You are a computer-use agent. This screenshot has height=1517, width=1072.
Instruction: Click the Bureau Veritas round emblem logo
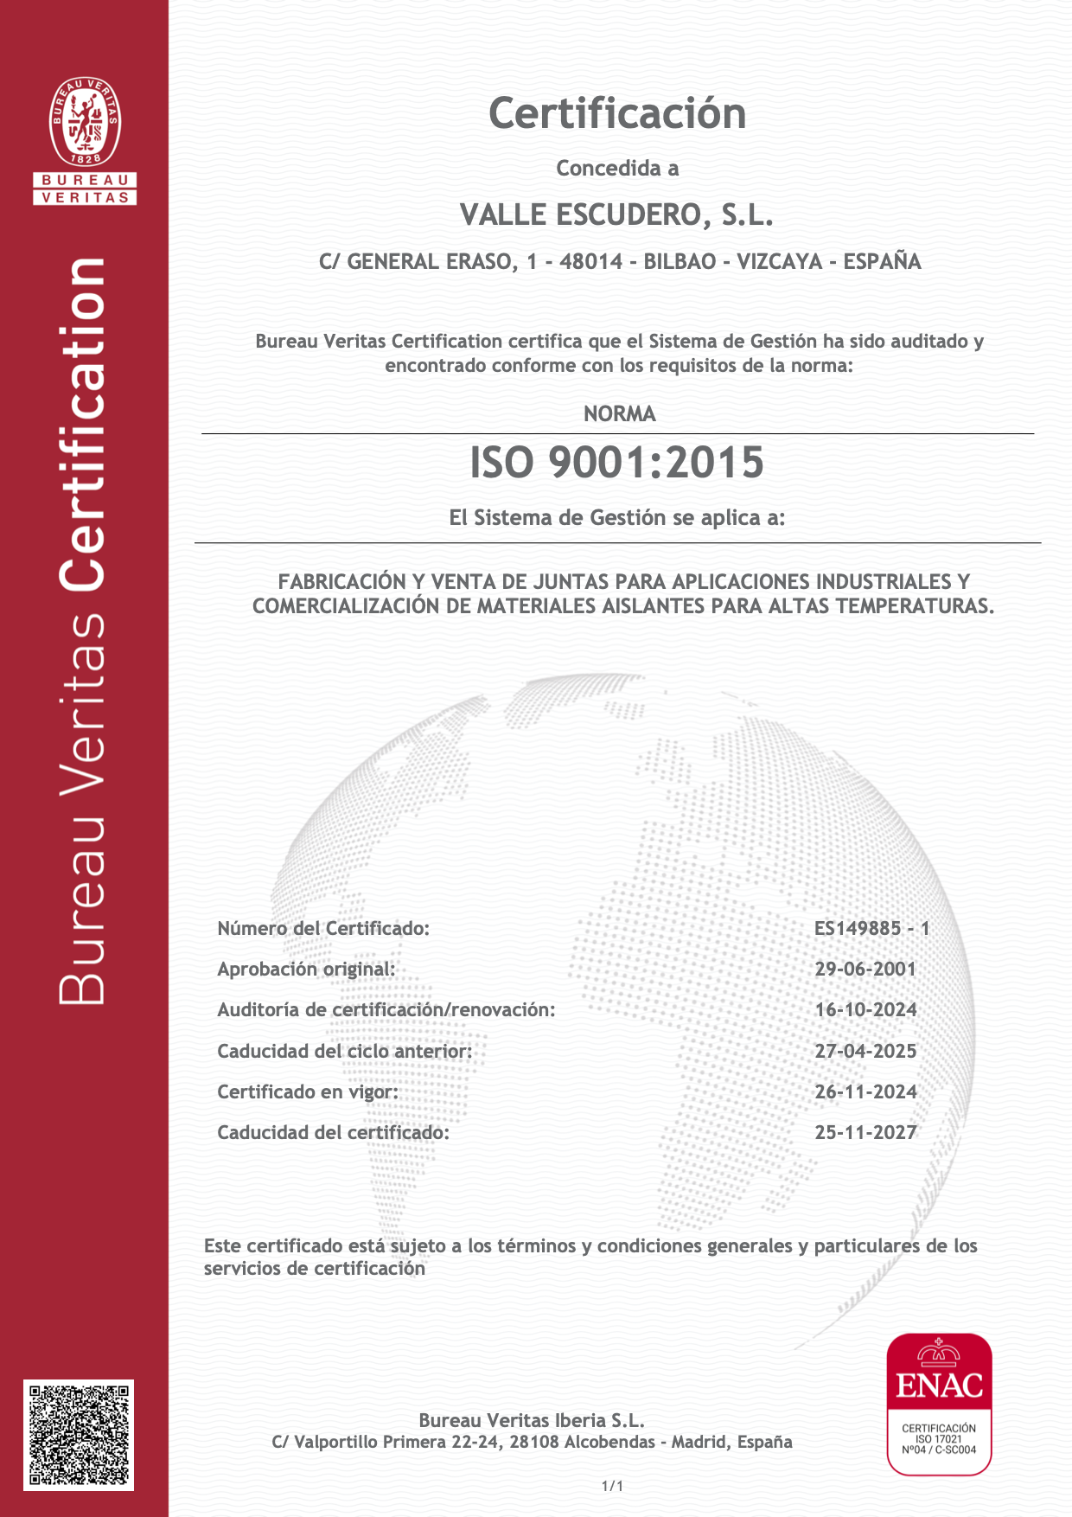click(85, 122)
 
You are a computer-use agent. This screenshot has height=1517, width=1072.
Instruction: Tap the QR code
click(79, 1435)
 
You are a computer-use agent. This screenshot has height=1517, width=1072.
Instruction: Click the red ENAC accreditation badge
click(939, 1403)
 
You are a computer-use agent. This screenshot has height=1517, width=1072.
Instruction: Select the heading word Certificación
click(617, 114)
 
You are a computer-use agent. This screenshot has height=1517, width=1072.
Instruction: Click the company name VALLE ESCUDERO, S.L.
click(616, 214)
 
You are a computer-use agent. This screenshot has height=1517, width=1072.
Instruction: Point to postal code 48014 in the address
click(590, 261)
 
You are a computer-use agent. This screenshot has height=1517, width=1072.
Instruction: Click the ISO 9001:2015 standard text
click(616, 462)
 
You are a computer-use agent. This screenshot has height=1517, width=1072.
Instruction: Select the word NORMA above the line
click(619, 414)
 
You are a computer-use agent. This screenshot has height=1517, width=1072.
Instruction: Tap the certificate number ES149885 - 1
click(871, 929)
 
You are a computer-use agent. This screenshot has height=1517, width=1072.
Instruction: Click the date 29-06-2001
click(865, 970)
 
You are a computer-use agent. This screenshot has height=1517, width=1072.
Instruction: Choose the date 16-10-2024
click(865, 1010)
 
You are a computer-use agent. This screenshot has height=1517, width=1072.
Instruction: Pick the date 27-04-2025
click(865, 1052)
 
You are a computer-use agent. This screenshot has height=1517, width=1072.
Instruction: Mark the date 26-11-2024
click(865, 1092)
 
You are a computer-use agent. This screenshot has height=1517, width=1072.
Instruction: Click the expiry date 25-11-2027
click(865, 1133)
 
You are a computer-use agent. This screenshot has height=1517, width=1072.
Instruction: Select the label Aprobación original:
click(306, 970)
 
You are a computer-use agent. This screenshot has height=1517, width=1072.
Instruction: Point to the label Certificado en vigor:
click(308, 1092)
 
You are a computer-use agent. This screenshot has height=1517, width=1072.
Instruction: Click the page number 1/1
click(612, 1486)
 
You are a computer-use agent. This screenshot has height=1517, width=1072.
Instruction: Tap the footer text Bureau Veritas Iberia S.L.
click(532, 1420)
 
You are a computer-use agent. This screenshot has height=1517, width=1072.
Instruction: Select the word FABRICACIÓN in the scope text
click(341, 582)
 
